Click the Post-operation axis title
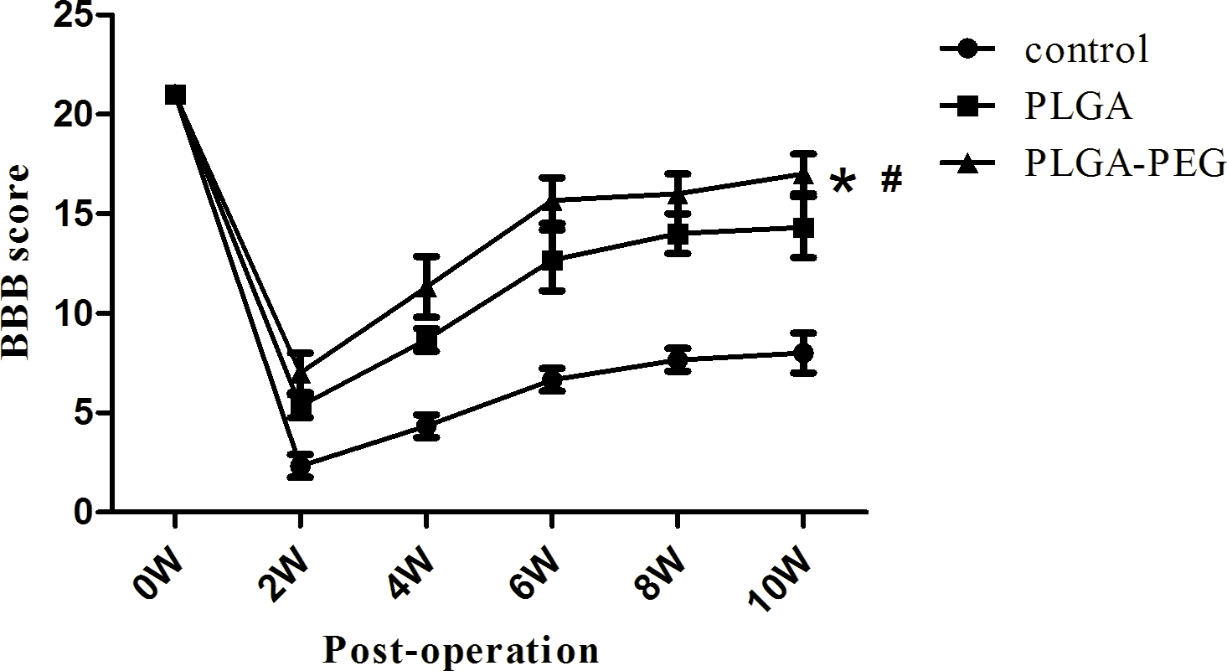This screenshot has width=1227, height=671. pos(461,650)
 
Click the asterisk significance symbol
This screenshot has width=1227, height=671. pos(842,183)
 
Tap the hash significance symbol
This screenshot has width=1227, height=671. pos(890,180)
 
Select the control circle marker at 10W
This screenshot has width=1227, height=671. pos(802,353)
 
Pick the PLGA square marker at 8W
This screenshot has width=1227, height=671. pos(677,234)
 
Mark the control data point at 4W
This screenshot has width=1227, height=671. pos(426,426)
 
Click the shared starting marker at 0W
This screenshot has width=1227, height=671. pos(174,95)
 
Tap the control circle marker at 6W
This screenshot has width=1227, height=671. pos(551,379)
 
